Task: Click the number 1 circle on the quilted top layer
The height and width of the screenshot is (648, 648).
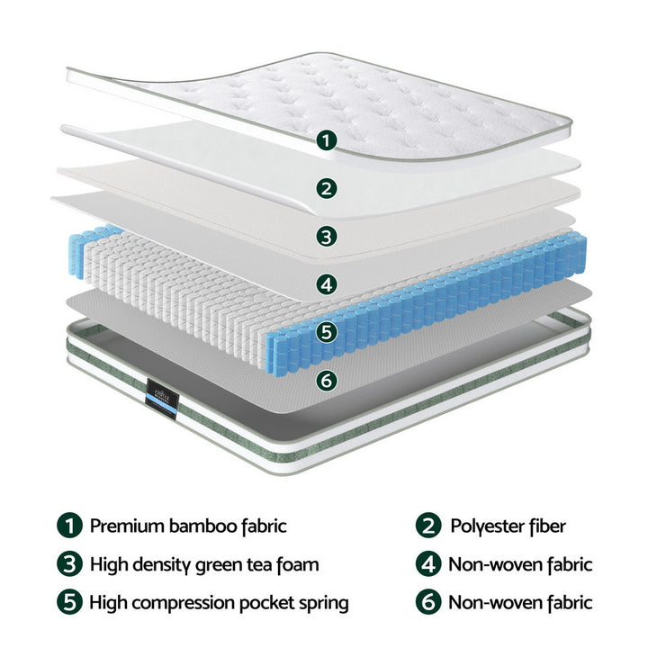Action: point(328,140)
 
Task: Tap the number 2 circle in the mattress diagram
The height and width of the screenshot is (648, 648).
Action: point(328,188)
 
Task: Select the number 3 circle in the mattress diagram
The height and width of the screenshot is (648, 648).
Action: point(328,236)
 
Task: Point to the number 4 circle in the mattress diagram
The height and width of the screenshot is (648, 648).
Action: point(328,284)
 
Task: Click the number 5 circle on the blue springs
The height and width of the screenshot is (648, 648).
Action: point(328,331)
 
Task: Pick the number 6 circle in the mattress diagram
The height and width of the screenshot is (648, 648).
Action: point(328,379)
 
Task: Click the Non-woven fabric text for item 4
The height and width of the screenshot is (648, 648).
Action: point(520,564)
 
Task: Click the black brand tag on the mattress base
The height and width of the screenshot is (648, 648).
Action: point(162,398)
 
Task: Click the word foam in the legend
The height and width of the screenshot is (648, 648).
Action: point(297,565)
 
